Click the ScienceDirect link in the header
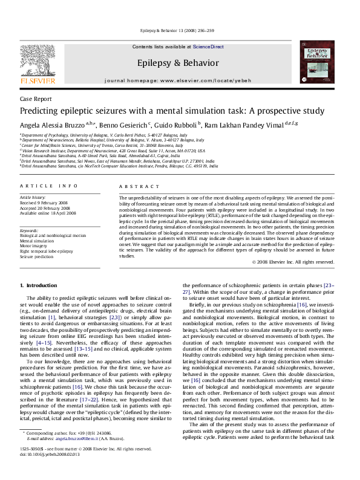pyautogui.click(x=208, y=47)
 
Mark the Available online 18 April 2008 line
pyautogui.click(x=48, y=213)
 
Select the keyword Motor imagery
pyautogui.click(x=34, y=246)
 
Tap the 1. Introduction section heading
pyautogui.click(x=39, y=285)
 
